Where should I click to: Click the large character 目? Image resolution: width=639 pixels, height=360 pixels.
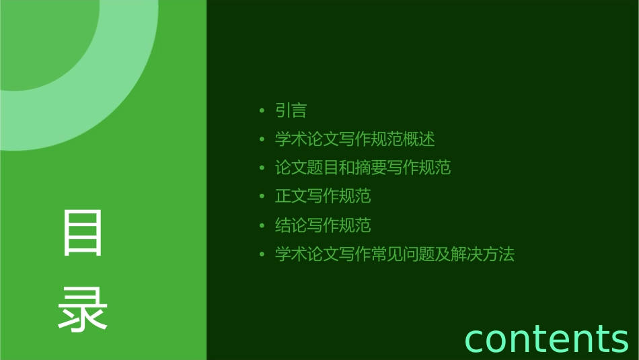(x=83, y=233)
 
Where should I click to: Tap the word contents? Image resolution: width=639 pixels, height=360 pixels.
(x=546, y=338)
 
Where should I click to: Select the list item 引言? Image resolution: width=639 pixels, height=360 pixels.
(x=291, y=110)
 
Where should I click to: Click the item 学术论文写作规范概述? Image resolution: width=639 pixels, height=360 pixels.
(x=354, y=139)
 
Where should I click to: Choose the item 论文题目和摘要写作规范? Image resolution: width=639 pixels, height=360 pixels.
(x=363, y=168)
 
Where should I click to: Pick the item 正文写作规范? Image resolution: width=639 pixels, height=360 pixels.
(x=323, y=196)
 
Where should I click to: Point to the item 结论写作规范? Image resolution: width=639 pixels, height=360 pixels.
(x=323, y=225)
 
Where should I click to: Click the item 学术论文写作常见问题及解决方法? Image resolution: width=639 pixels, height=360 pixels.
(x=394, y=254)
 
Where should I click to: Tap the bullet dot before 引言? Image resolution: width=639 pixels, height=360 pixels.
(x=262, y=111)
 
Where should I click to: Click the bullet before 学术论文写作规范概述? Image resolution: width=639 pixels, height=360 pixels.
(x=262, y=140)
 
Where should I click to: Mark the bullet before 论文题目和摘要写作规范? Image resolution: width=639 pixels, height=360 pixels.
(x=262, y=168)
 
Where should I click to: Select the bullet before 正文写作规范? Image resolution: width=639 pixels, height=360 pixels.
(x=262, y=197)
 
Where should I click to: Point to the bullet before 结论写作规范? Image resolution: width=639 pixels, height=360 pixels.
(x=262, y=226)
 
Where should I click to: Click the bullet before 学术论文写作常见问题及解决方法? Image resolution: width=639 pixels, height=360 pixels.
(x=262, y=255)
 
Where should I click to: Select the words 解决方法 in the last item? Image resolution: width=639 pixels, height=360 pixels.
(x=482, y=254)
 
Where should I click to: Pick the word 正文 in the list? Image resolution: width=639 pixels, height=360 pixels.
(x=291, y=196)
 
